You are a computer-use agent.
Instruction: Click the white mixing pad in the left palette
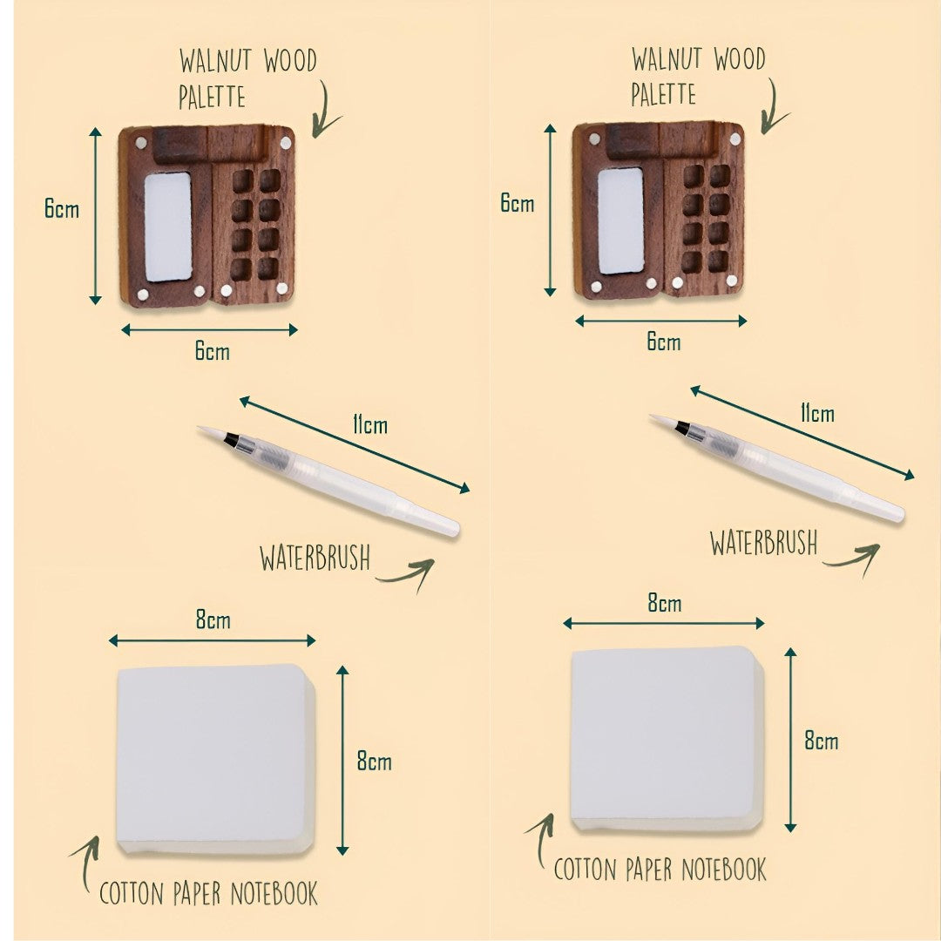(x=167, y=227)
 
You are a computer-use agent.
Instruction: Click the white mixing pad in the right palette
(x=620, y=220)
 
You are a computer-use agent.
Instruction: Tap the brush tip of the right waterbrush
(x=661, y=421)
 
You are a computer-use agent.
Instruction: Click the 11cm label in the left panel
(x=370, y=425)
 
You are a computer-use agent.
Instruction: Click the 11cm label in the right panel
(x=816, y=413)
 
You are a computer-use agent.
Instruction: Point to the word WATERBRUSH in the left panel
(x=315, y=558)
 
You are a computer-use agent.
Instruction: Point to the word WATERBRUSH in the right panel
(x=763, y=542)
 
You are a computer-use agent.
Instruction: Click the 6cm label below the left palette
(x=212, y=351)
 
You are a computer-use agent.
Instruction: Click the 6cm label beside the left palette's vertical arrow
(x=62, y=210)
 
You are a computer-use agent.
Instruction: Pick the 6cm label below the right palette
(x=663, y=342)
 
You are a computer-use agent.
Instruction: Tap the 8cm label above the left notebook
(x=213, y=620)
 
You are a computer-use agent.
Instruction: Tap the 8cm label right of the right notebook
(x=821, y=741)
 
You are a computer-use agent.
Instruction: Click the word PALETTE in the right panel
(x=664, y=93)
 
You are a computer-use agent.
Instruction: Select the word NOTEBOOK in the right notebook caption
(x=723, y=870)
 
